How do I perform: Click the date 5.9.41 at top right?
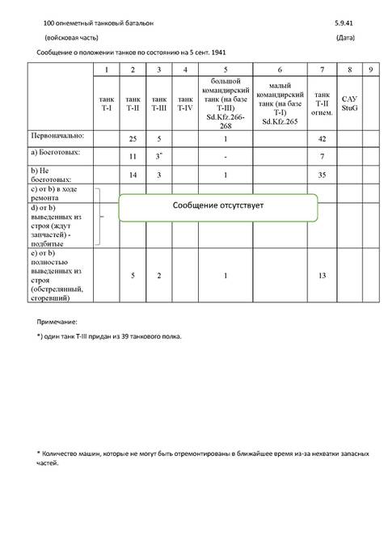coord(344,25)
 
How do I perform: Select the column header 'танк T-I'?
coord(107,103)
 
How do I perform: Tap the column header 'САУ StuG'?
coord(349,103)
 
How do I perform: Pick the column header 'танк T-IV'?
coord(185,103)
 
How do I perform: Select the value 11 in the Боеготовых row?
coord(133,154)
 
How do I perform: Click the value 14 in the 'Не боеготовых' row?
coord(133,174)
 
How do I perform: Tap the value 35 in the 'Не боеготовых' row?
coord(323,174)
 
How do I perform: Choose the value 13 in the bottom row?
coord(323,276)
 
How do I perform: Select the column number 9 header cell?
coord(370,70)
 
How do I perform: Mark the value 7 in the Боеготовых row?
coord(323,154)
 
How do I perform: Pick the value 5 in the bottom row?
coord(133,276)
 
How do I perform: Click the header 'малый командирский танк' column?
coord(279,103)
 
